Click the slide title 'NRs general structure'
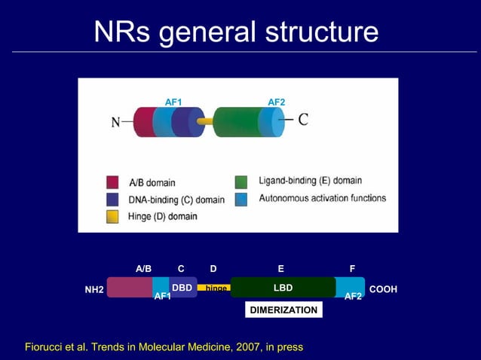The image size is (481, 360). (x=236, y=32)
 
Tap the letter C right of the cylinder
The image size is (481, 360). (x=303, y=120)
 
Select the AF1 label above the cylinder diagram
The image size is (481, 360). (x=173, y=102)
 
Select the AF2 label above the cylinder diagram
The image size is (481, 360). (x=277, y=102)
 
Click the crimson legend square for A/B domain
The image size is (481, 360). (x=112, y=182)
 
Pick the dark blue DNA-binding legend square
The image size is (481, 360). (x=112, y=200)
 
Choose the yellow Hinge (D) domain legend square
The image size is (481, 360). (x=112, y=217)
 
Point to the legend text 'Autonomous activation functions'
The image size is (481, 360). (x=322, y=199)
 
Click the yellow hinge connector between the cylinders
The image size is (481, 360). (x=204, y=121)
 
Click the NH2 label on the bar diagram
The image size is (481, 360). (x=94, y=290)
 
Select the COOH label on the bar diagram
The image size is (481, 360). (x=383, y=290)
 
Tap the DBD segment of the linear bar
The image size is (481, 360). (x=182, y=288)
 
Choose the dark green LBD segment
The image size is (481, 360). (x=283, y=288)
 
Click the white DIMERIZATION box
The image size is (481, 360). (x=284, y=310)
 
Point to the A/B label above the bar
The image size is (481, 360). (x=143, y=269)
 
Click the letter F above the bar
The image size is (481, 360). (x=352, y=269)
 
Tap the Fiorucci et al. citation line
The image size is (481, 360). (x=164, y=347)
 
